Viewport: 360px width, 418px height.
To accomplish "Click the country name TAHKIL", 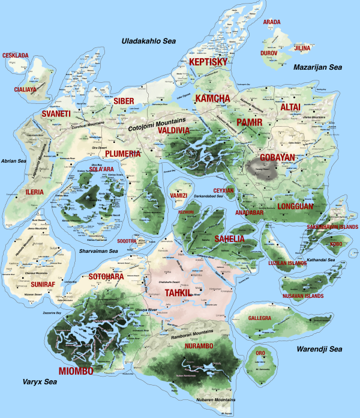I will [178, 292].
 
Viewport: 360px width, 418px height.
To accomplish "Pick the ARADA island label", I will [272, 22].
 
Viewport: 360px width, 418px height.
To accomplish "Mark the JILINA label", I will [302, 47].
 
